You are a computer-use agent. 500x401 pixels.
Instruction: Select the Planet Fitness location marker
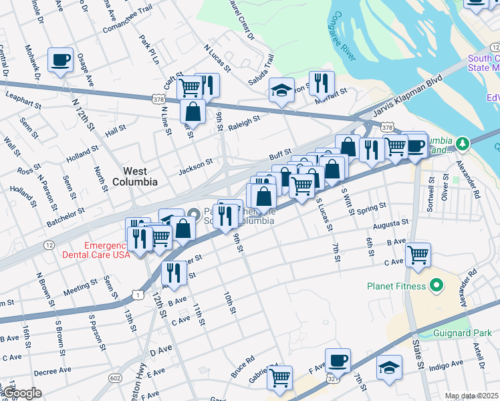point(438,286)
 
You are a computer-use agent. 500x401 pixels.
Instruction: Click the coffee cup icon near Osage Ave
point(61,60)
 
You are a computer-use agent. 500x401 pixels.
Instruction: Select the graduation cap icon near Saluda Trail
point(282,90)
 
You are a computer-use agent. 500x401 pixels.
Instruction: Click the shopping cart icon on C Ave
point(418,254)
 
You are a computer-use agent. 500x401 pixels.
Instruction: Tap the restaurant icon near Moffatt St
point(322,83)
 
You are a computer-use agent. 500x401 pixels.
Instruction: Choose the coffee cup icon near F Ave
point(338,361)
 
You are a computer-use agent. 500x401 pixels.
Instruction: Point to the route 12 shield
point(49,245)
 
